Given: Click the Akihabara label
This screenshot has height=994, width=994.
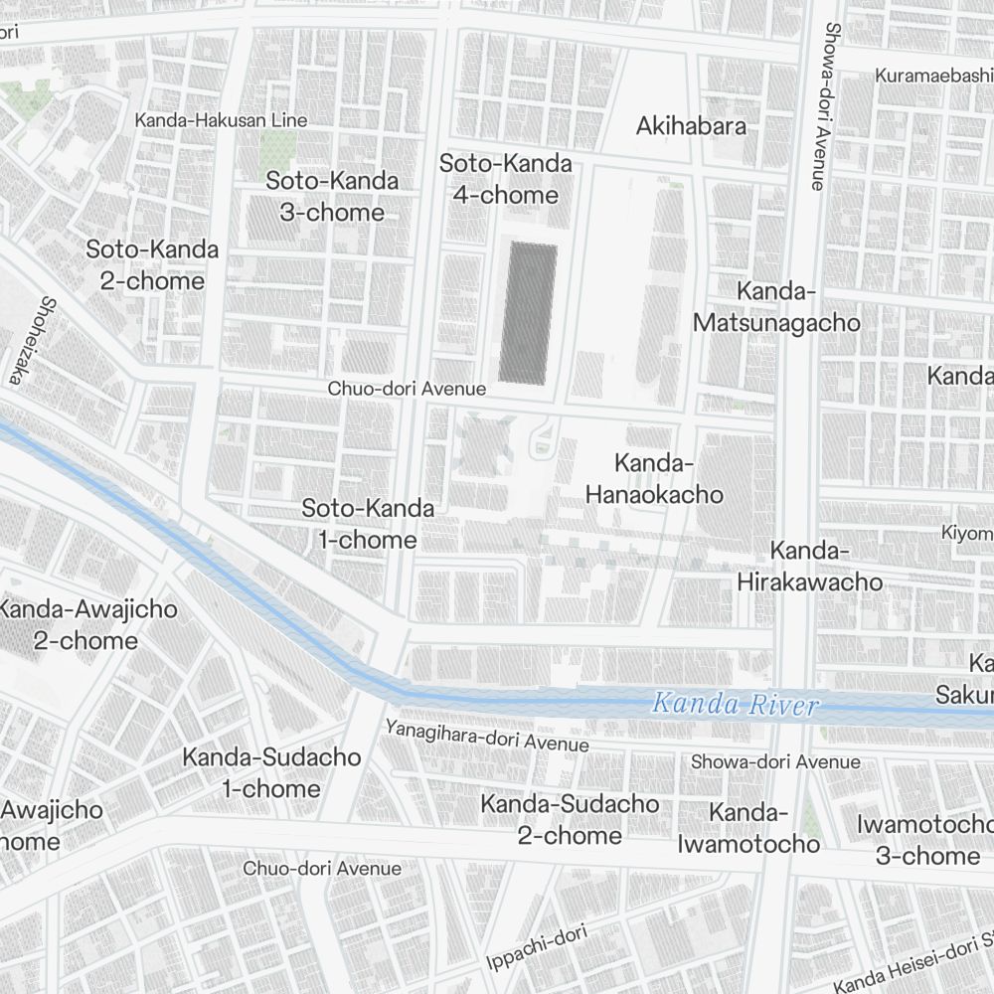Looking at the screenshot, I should coord(691,126).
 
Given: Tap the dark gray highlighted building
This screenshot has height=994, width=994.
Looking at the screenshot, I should coord(527,313).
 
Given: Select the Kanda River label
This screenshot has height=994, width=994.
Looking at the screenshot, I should coord(735,705).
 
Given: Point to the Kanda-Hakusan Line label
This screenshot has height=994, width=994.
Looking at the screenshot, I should coord(221,120).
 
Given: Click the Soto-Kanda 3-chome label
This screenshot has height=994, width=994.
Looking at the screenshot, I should coord(332,197).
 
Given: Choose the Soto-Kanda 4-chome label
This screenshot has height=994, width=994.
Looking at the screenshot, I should coord(506,180).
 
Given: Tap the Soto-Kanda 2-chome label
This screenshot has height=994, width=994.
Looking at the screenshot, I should coord(152,265).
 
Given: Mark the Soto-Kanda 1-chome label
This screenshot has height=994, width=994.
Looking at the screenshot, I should coord(368,525).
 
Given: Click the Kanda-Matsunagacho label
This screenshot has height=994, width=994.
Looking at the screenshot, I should coord(776,307).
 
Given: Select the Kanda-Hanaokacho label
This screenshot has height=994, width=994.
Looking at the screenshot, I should coord(653,478).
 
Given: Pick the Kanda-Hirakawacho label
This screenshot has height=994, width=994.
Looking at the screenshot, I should coord(809,567).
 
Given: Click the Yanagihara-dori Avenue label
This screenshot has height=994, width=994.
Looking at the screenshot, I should coord(487,737).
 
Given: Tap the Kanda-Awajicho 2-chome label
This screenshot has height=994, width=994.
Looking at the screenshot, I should coord(87,624).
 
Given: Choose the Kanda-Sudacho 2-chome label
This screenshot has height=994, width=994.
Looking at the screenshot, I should coord(570,819).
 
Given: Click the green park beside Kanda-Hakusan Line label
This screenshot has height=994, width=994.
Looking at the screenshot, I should coord(275,149).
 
